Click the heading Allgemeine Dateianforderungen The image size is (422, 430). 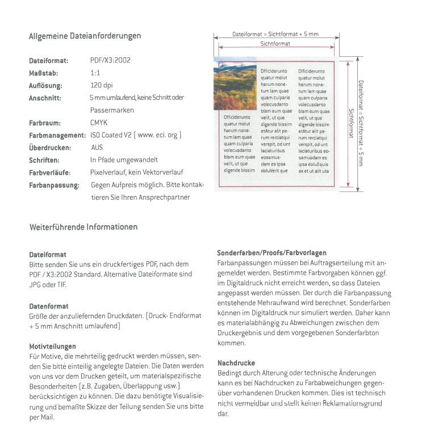pyautogui.click(x=85, y=36)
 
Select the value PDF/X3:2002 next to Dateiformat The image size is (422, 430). pyautogui.click(x=110, y=60)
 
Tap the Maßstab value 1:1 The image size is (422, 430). pyautogui.click(x=95, y=73)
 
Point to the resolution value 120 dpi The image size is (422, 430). pyautogui.click(x=101, y=85)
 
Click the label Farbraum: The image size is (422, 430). pyautogui.click(x=45, y=123)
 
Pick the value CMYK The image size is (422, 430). pyautogui.click(x=99, y=123)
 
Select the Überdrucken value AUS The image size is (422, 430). pyautogui.click(x=97, y=148)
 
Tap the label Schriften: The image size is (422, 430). pyautogui.click(x=44, y=160)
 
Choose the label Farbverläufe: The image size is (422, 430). pyautogui.click(x=50, y=173)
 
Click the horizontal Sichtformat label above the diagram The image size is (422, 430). pyautogui.click(x=275, y=44)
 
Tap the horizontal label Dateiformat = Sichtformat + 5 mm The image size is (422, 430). pyautogui.click(x=275, y=35)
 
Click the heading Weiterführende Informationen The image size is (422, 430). pyautogui.click(x=83, y=227)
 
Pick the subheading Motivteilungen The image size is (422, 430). pyautogui.click(x=52, y=345)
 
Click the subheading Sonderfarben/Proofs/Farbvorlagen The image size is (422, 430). pyautogui.click(x=271, y=253)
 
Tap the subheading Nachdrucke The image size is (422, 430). pyautogui.click(x=236, y=362)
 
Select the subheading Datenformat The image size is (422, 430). pyautogui.click(x=49, y=306)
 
